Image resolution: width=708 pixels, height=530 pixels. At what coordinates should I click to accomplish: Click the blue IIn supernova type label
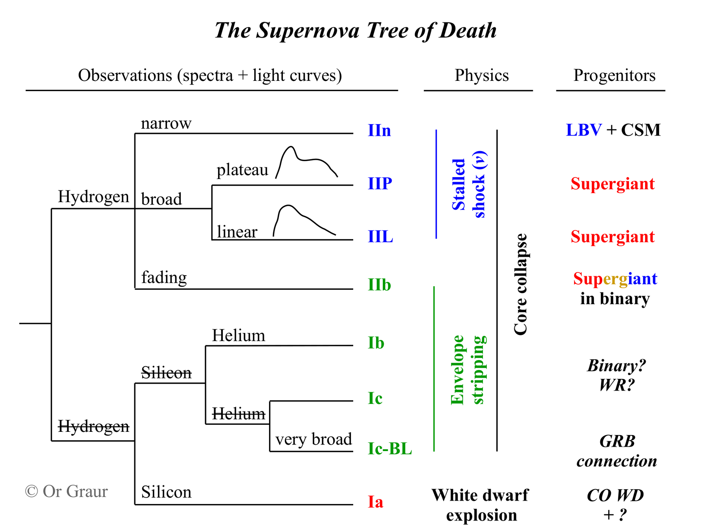coord(379,130)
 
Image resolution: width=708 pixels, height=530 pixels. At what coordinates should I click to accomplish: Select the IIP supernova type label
coord(380,183)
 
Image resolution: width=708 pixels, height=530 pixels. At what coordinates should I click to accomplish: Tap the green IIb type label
coord(379,285)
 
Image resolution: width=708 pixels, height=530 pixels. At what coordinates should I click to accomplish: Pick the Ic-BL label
coord(389,448)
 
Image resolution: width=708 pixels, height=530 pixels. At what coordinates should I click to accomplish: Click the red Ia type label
coord(375,502)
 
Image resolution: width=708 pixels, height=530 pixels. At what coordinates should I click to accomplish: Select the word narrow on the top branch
coord(166,123)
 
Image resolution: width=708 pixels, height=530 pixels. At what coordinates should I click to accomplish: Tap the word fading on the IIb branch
coord(164,277)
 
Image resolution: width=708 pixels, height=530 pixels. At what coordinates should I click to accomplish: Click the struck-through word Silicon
coord(166,373)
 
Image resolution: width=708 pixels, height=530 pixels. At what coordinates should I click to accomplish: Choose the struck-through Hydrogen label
coord(94,426)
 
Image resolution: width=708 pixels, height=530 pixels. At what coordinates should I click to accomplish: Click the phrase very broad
coord(313,439)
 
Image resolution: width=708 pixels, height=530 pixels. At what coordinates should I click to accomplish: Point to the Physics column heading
coord(481,75)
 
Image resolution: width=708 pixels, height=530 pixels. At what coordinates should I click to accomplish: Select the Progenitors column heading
coord(614,75)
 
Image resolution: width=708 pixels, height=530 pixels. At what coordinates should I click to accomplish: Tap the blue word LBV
coord(583,130)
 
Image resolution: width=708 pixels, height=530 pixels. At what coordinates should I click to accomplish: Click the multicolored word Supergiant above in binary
coord(615,279)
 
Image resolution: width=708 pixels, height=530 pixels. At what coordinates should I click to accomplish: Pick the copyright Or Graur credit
coord(66,491)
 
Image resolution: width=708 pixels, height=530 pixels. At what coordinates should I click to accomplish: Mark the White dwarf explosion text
coord(480,505)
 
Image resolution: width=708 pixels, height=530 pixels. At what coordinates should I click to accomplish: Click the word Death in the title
coord(468,30)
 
